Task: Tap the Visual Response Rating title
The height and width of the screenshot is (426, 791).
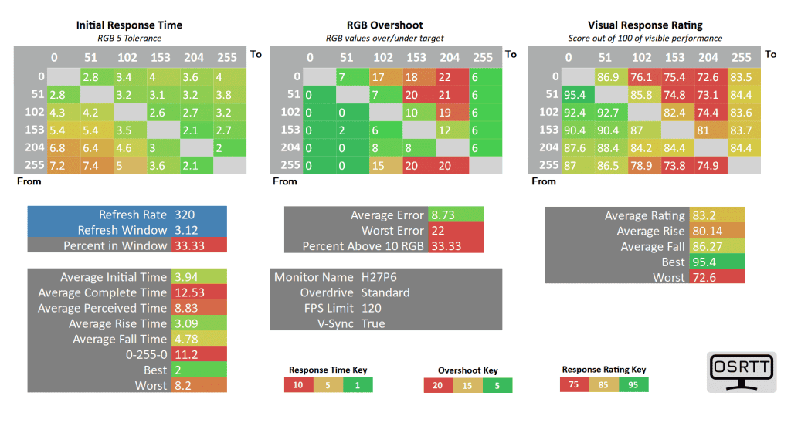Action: tap(644, 25)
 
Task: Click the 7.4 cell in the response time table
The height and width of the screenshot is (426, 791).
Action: tap(91, 164)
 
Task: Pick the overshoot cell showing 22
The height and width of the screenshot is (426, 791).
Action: tap(450, 76)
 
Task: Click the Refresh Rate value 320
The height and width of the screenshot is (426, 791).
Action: tap(185, 215)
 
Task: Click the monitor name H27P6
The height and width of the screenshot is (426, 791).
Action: tap(379, 277)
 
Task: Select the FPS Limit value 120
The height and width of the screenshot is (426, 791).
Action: tap(371, 308)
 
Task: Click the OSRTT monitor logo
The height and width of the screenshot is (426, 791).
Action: tap(742, 372)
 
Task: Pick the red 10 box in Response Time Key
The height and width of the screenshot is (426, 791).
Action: tap(299, 384)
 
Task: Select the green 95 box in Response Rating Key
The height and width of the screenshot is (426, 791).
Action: tap(633, 384)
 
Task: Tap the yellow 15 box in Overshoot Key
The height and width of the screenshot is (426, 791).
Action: tap(468, 385)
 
